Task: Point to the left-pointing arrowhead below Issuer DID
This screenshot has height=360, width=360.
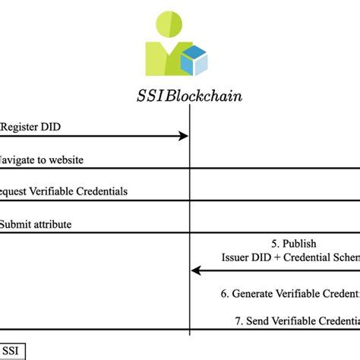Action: [196, 270]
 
